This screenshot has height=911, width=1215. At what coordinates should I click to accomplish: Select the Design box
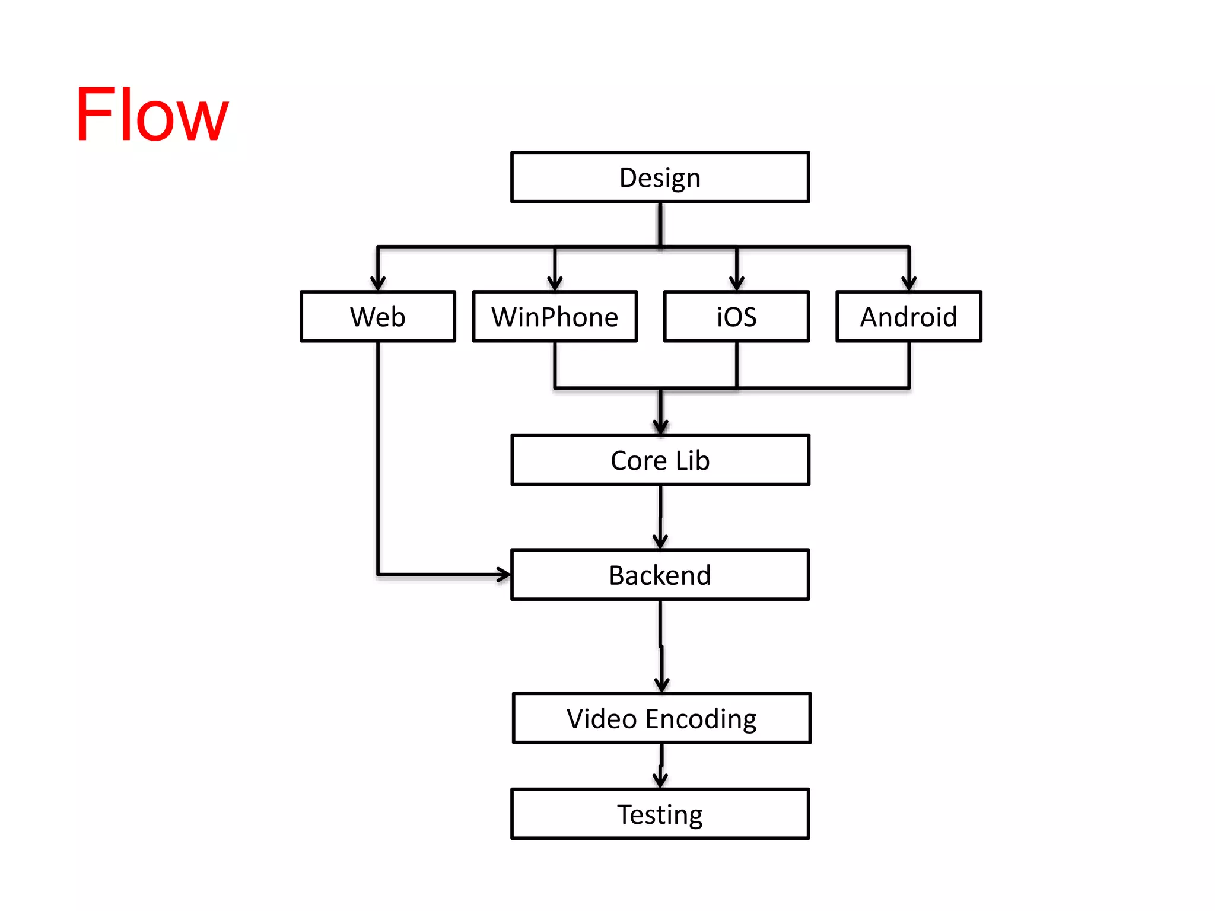(x=660, y=177)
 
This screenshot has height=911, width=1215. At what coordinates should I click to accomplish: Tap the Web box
(x=378, y=316)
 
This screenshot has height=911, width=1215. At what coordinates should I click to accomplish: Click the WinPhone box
(x=555, y=316)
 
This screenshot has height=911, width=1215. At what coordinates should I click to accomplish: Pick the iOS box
(x=736, y=316)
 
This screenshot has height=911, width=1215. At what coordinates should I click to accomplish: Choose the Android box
(x=908, y=316)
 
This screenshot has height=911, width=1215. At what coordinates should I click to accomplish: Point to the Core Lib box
(x=660, y=460)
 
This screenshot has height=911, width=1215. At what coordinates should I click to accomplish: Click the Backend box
(x=660, y=575)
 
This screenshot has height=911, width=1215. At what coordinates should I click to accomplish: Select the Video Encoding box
(x=661, y=718)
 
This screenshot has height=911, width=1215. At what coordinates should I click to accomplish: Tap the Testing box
(x=660, y=814)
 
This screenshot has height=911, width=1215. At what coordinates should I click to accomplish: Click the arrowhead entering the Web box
(x=378, y=284)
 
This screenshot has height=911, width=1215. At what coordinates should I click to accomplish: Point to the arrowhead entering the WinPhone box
(x=555, y=284)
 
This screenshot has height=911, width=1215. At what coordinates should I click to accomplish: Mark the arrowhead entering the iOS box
(x=736, y=284)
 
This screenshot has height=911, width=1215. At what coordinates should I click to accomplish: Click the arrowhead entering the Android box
(x=908, y=284)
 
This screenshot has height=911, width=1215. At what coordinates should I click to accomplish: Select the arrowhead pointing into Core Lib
(x=660, y=427)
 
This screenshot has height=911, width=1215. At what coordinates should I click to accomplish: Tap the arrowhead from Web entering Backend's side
(x=503, y=574)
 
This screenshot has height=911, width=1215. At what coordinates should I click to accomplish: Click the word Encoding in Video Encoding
(x=701, y=719)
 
